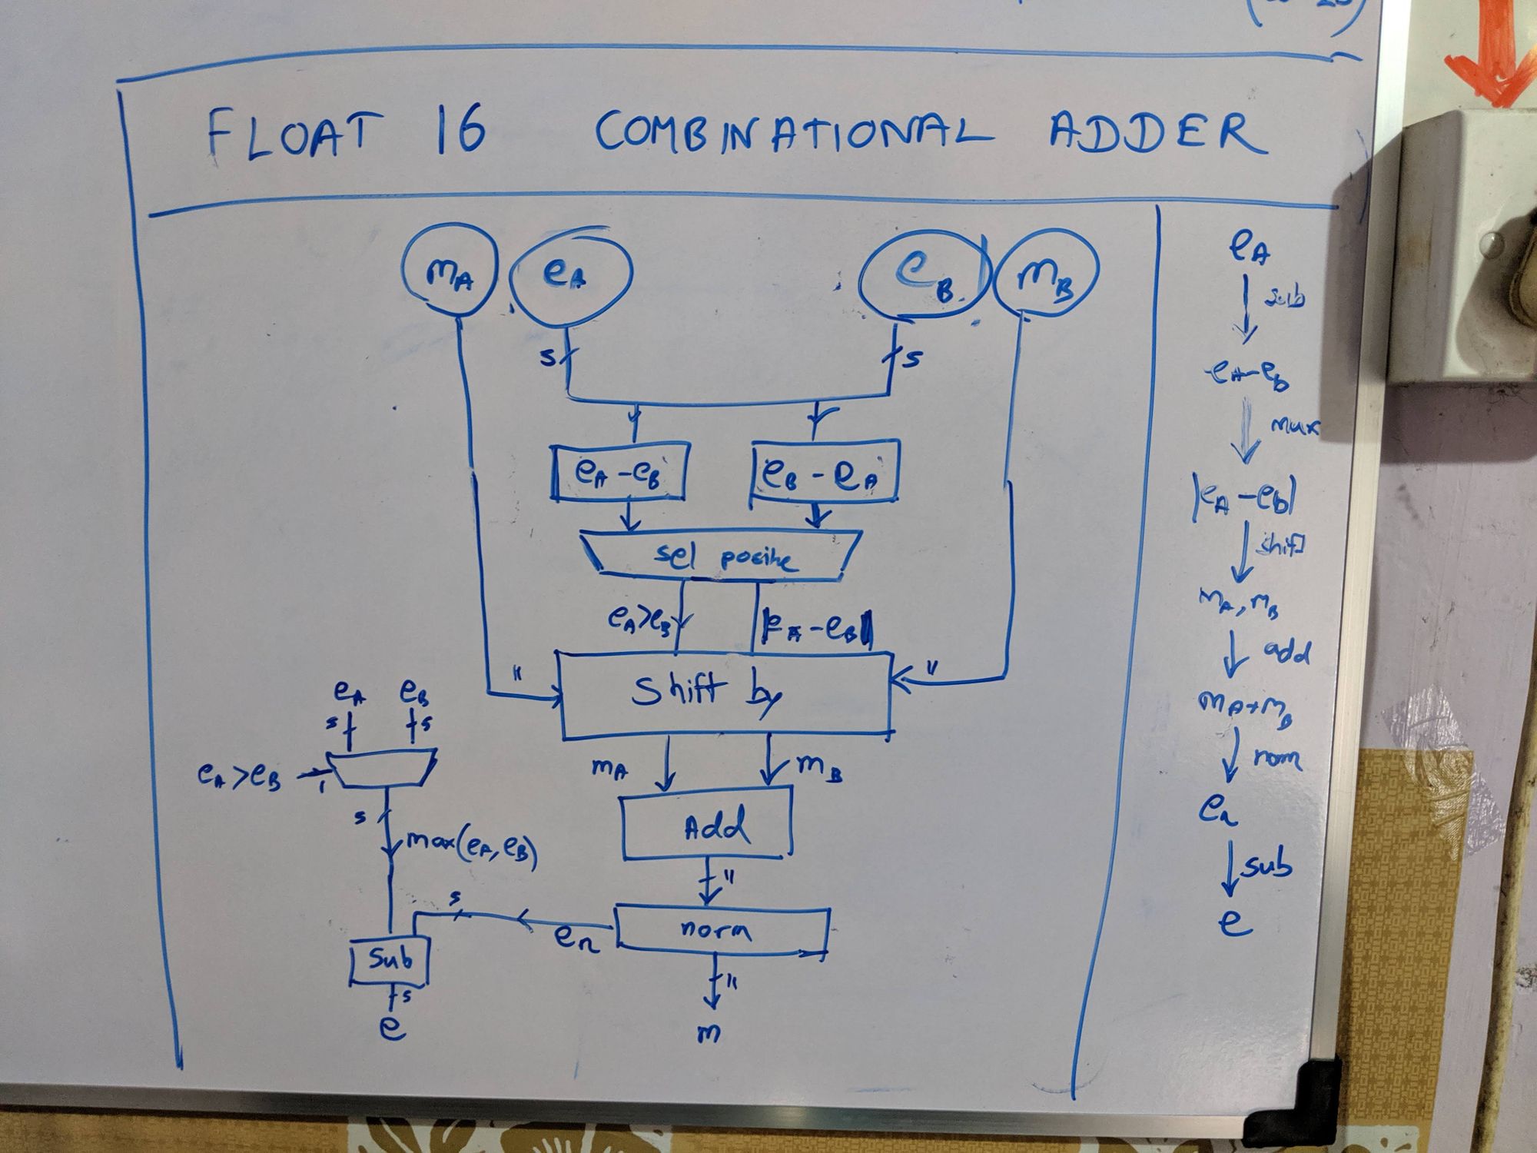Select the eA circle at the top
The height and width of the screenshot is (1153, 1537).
(x=570, y=276)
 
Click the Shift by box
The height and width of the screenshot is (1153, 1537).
(x=725, y=695)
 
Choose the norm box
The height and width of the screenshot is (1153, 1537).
(x=722, y=930)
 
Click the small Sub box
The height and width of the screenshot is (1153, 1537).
(x=389, y=960)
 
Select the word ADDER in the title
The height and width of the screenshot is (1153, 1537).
(x=1157, y=133)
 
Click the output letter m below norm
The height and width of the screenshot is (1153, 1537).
(x=709, y=1033)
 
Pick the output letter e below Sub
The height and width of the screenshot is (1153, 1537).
(x=392, y=1028)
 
